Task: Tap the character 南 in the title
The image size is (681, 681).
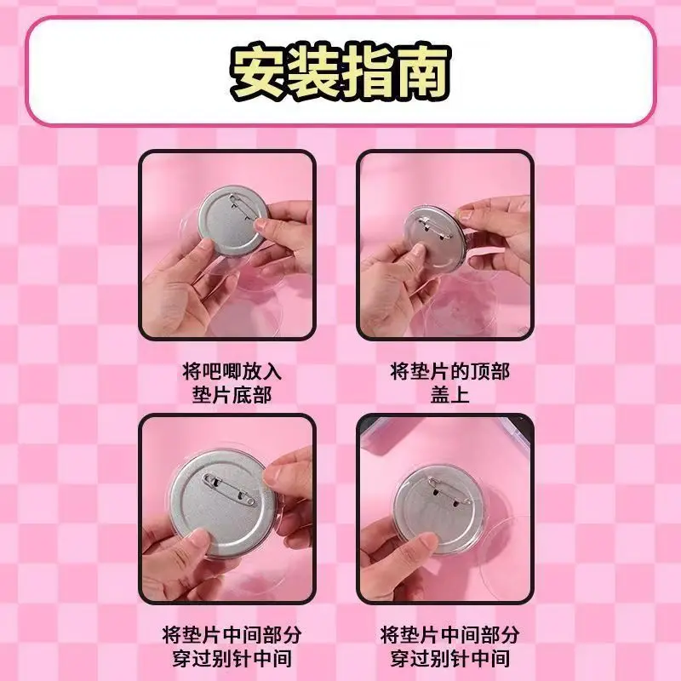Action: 422,72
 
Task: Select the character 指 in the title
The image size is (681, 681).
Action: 368,72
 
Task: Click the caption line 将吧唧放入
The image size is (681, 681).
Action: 232,372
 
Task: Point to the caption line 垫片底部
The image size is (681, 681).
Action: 232,395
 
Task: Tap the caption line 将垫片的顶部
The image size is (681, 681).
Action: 449,372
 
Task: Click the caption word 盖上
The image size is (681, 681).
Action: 449,395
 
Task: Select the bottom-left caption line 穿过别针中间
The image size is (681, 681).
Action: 232,658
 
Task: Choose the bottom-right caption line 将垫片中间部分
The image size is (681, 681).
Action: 449,635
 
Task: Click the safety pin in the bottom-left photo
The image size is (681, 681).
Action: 229,489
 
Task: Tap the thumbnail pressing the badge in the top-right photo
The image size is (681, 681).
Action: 419,251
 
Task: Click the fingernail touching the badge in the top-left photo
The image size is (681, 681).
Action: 260,224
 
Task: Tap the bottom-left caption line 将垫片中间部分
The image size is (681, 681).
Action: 232,635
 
